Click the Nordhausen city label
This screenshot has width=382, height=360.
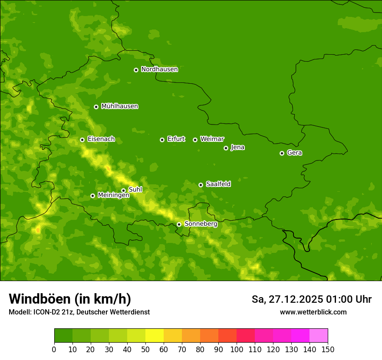(159, 69)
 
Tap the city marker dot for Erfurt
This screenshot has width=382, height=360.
(162, 140)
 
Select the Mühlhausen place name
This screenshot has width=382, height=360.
(119, 106)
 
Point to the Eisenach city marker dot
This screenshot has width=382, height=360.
(82, 140)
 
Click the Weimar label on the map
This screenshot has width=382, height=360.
(212, 139)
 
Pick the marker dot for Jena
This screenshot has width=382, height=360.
(226, 148)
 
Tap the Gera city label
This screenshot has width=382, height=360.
(294, 153)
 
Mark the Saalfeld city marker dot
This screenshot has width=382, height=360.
(201, 185)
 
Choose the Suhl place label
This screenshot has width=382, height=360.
(135, 190)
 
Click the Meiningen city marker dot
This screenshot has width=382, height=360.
(92, 196)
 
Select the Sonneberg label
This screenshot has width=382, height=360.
(201, 224)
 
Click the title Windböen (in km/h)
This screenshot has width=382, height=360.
(70, 299)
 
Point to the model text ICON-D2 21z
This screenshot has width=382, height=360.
(54, 312)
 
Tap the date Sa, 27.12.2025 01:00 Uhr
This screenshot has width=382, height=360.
(311, 299)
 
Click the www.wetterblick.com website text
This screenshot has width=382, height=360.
(313, 312)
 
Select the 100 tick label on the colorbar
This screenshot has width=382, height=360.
(237, 349)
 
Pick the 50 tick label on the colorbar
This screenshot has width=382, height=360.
(145, 349)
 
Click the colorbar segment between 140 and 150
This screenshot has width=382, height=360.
(319, 336)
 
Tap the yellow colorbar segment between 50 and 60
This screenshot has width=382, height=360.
(155, 336)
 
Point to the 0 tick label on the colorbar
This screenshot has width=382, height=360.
(54, 349)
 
